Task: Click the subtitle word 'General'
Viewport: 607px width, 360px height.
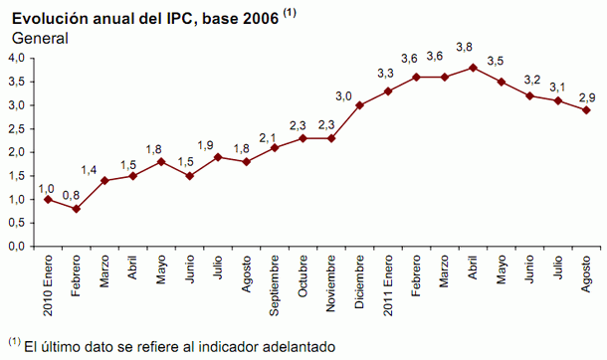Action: [x=40, y=38]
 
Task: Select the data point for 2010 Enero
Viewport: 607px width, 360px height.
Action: [x=47, y=199]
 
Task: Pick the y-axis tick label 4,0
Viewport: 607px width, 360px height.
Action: [x=16, y=58]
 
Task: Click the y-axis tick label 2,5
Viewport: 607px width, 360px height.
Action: [x=16, y=128]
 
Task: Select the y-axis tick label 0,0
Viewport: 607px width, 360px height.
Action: [x=16, y=246]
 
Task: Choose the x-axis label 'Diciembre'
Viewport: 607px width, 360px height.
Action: [x=359, y=282]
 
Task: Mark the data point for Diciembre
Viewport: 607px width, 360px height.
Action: [x=359, y=104]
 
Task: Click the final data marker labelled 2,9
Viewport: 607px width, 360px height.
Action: [x=586, y=109]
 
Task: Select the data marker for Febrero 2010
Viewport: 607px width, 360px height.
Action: [x=76, y=209]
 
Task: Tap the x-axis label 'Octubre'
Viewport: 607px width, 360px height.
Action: [x=303, y=277]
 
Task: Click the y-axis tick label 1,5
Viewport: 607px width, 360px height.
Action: [x=16, y=175]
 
